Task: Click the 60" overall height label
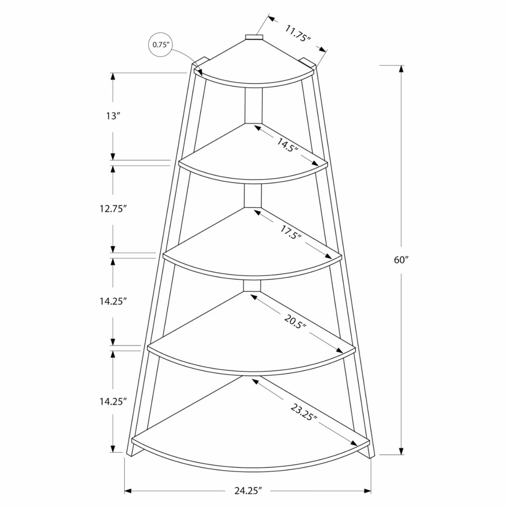tap(401, 260)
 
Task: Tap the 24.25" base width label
tap(248, 491)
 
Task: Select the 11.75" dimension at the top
tap(297, 33)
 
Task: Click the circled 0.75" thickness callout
tap(160, 45)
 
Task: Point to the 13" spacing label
tap(113, 116)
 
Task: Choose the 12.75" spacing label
tap(113, 209)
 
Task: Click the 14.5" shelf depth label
tap(287, 145)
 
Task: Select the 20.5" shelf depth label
tap(295, 321)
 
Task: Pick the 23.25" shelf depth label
tap(304, 412)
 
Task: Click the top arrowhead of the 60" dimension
tap(401, 69)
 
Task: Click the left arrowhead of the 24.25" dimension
tap(128, 491)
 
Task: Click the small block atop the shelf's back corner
tap(254, 37)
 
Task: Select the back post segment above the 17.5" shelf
tap(253, 196)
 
